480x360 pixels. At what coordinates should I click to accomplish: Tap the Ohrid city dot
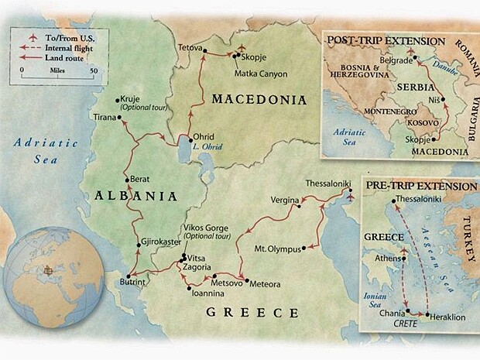(190, 139)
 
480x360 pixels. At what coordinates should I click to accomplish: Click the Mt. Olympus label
(276, 249)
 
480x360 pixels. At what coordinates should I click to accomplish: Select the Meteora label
(266, 283)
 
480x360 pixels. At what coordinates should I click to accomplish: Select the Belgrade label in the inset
(396, 60)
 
